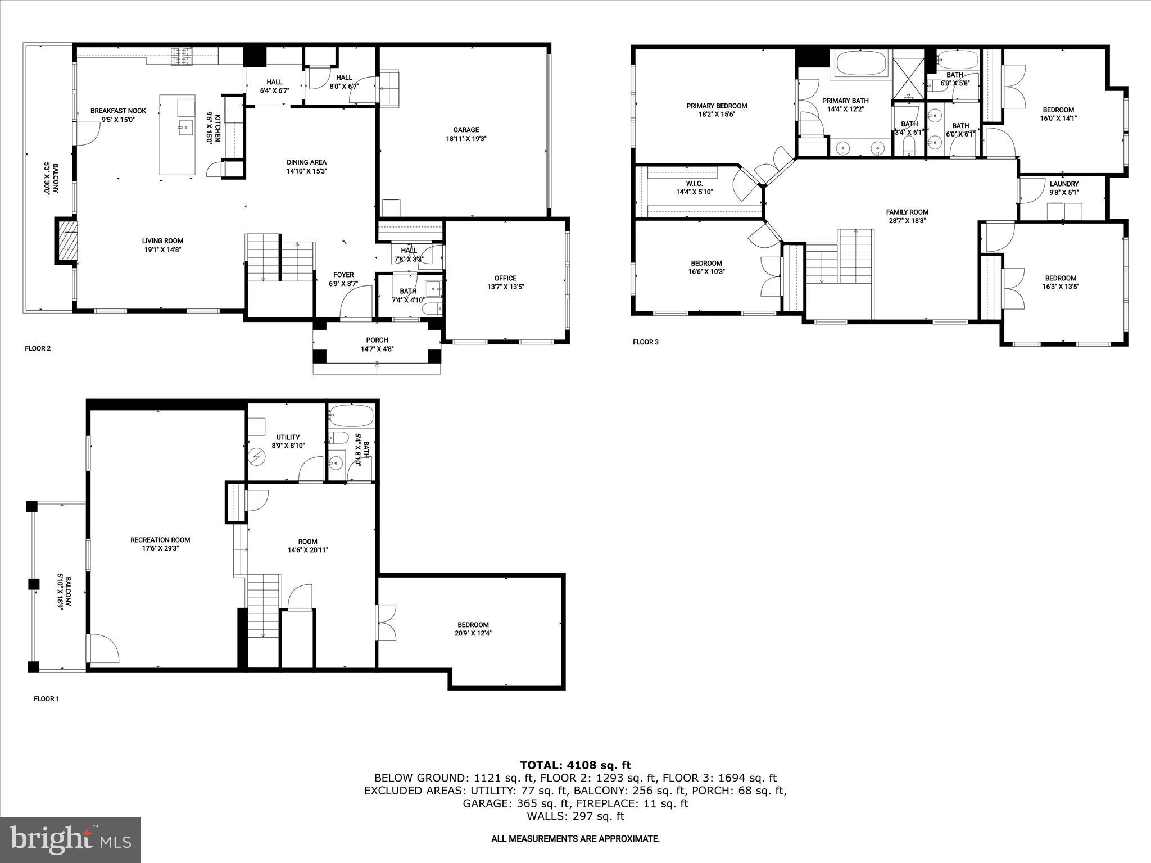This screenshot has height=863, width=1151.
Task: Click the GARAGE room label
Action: coord(466,134)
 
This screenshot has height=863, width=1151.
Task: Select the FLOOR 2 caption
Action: coord(38,348)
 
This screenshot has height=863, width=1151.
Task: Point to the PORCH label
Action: coord(377,344)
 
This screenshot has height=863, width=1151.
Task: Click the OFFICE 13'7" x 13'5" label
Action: coord(505,282)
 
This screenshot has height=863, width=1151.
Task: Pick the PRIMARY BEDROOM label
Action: coord(717,110)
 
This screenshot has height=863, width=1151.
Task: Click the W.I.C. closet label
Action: coord(694,188)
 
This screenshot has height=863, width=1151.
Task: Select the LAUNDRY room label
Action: coord(1064,188)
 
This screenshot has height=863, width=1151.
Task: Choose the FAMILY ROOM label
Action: coord(907,216)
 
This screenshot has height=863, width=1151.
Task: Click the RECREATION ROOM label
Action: coord(160,543)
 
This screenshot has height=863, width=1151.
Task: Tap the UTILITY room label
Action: coord(288,441)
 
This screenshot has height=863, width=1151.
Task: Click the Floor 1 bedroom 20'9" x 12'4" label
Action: coord(473,628)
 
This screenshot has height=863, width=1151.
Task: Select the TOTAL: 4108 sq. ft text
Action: coord(575,765)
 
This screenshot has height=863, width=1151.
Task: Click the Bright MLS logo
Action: coord(70,839)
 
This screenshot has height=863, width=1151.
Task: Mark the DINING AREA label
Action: coord(306,166)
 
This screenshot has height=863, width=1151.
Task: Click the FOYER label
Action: coord(343,279)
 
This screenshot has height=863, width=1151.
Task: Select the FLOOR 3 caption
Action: coord(645,342)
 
